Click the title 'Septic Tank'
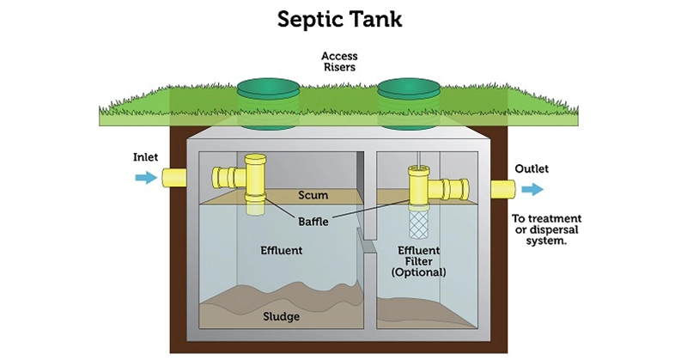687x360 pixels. click(343, 19)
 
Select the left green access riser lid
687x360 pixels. click(268, 88)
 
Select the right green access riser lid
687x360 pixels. click(409, 88)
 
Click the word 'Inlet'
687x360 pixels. click(145, 157)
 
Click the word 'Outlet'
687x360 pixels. click(532, 168)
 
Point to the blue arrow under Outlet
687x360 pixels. click(532, 189)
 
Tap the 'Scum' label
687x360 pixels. click(313, 195)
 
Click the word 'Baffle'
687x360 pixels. click(313, 221)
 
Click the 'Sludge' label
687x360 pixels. click(282, 317)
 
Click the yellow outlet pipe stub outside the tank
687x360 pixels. click(502, 189)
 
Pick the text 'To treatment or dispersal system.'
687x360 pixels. click(546, 229)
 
